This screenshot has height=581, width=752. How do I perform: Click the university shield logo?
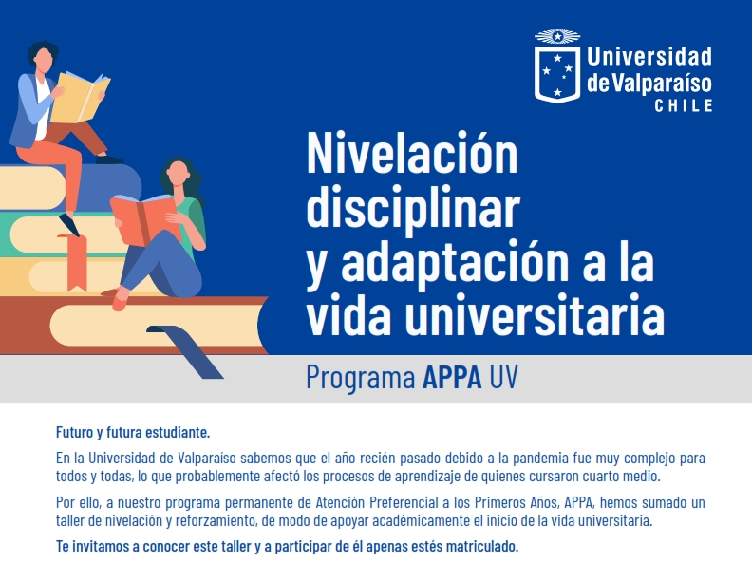tap(556, 74)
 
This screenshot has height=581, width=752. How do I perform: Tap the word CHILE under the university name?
tap(684, 106)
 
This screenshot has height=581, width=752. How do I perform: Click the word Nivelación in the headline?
tap(412, 153)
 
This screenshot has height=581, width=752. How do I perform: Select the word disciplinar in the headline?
tap(413, 209)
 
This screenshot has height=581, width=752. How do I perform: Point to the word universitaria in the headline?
tap(535, 316)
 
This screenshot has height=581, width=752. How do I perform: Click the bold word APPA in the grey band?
tap(452, 377)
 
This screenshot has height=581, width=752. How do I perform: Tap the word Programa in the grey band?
tap(360, 378)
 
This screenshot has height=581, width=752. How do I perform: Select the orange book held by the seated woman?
tap(143, 218)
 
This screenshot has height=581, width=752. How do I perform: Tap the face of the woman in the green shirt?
tap(178, 173)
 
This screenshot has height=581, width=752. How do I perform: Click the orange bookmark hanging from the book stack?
tap(75, 262)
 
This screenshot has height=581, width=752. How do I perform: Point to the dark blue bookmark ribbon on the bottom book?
tap(185, 351)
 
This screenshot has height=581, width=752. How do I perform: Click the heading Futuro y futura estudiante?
tap(133, 432)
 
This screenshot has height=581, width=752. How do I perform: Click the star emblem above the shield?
tap(557, 36)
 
